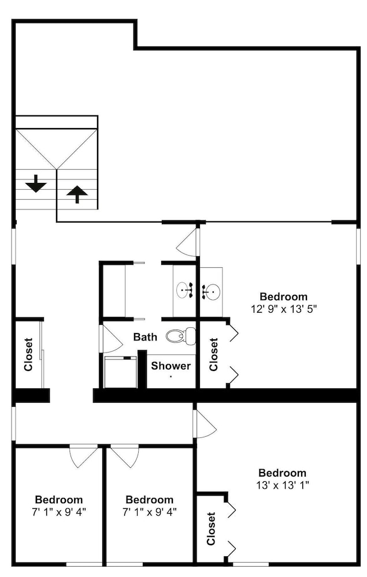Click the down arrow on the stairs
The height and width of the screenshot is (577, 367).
(36, 183)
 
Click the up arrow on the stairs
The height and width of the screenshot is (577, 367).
(77, 194)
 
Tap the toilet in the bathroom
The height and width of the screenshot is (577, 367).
(180, 336)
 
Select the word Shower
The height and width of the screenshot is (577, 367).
(170, 366)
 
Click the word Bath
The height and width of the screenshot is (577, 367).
(145, 337)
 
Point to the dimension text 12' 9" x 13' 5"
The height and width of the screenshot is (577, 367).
(284, 309)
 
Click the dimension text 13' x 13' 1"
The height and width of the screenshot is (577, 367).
(282, 485)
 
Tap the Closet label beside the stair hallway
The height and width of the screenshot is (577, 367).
(28, 354)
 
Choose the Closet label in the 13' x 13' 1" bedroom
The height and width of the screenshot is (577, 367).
(211, 529)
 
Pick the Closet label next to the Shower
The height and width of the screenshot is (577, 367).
(213, 354)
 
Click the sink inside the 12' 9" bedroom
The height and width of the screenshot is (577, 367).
(211, 292)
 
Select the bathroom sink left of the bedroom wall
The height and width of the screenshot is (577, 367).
(185, 290)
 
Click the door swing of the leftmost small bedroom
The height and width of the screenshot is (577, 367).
(84, 456)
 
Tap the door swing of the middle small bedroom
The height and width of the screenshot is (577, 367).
(125, 456)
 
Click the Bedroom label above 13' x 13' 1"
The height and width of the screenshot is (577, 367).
(282, 473)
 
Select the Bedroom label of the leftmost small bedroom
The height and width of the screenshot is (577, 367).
(59, 499)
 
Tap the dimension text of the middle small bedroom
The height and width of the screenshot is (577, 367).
(150, 512)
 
